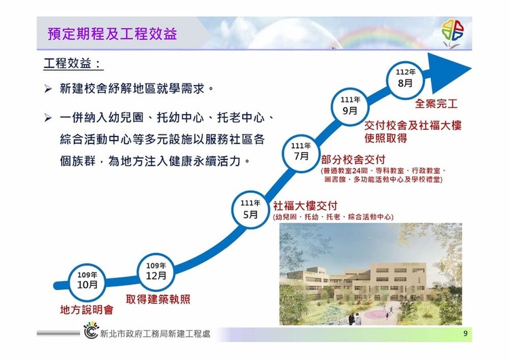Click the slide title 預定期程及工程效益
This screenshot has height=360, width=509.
click(x=112, y=34)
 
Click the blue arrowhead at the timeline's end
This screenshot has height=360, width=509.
click(x=449, y=73)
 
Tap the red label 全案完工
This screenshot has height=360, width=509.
click(x=436, y=104)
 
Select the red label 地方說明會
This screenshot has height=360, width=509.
click(x=87, y=310)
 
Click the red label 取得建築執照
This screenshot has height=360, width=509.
click(x=158, y=299)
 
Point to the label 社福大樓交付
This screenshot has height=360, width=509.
click(x=305, y=206)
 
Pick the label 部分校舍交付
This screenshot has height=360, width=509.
click(x=353, y=160)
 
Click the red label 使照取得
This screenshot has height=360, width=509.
click(x=385, y=138)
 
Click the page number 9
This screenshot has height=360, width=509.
click(x=466, y=334)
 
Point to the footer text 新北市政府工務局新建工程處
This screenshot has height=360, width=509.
click(x=155, y=334)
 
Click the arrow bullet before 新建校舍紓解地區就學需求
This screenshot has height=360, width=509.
click(x=48, y=89)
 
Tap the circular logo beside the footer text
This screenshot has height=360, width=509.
click(x=91, y=330)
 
